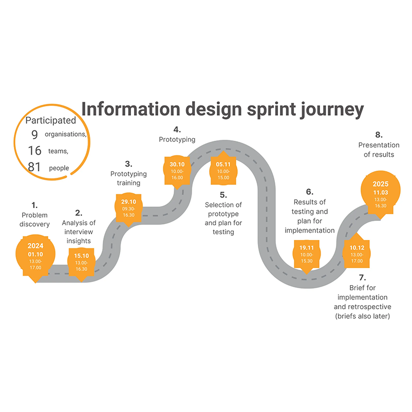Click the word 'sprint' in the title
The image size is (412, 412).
251,109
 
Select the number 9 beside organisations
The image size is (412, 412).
34,135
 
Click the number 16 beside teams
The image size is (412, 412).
34,151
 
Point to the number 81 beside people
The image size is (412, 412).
34,167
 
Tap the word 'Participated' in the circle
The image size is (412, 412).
51,120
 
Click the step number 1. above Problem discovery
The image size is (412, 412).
35,204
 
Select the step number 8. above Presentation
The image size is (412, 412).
379,135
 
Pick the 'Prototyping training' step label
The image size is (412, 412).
128,178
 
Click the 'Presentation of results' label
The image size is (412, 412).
377,149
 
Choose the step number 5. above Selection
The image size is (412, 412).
223,195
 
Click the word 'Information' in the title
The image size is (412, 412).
132,109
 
